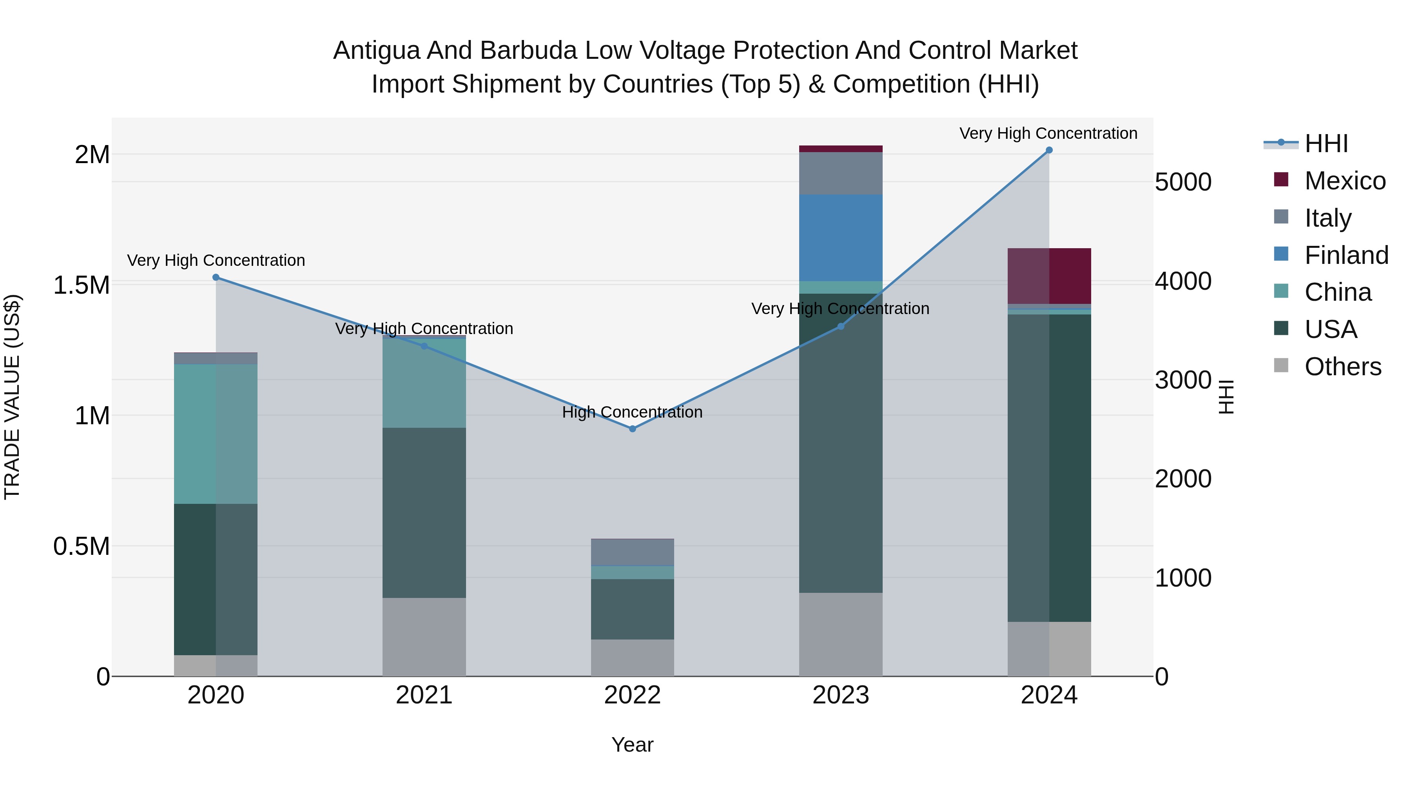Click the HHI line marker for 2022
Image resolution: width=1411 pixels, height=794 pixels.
click(x=632, y=429)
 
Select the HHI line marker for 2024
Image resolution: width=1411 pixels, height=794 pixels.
click(x=1049, y=150)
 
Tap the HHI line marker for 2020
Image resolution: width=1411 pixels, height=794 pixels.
click(x=216, y=277)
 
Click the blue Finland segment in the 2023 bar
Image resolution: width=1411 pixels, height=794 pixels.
click(x=840, y=238)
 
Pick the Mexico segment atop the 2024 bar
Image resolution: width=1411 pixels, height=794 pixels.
click(x=1049, y=276)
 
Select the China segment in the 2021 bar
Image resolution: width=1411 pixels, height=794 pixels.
click(x=424, y=383)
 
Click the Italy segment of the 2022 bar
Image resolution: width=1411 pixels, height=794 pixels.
click(x=632, y=552)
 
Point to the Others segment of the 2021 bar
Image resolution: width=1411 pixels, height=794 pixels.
click(x=424, y=637)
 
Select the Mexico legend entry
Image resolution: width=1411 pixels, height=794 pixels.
click(x=1345, y=181)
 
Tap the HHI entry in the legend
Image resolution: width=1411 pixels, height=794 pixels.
click(x=1326, y=144)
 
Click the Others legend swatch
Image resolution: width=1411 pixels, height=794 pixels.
click(x=1281, y=365)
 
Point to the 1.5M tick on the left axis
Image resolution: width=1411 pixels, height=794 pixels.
click(x=81, y=285)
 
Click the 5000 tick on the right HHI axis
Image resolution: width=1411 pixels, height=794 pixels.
click(x=1183, y=182)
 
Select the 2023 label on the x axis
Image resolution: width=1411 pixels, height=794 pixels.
click(x=840, y=695)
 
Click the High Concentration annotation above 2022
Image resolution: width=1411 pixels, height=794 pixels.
click(x=632, y=412)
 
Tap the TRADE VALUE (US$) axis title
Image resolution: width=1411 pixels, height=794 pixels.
click(x=12, y=397)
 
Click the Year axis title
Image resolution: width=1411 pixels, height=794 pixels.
click(x=632, y=745)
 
